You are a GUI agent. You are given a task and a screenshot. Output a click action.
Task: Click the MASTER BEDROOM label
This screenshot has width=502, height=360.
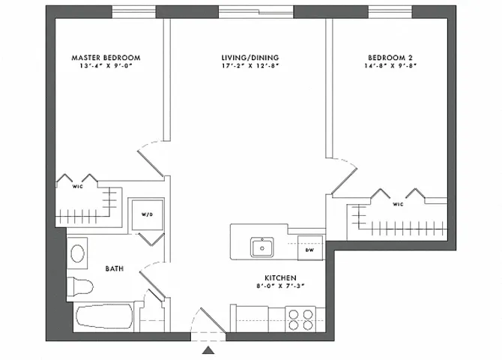point(106,57)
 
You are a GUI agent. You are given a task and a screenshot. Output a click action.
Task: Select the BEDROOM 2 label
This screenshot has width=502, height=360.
point(390,57)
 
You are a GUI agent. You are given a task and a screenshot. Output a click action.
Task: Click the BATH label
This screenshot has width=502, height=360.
point(115,268)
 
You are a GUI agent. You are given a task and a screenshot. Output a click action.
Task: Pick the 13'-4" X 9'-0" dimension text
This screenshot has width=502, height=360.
point(106,66)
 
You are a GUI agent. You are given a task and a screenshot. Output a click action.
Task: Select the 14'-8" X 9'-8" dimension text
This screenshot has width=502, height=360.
point(390,66)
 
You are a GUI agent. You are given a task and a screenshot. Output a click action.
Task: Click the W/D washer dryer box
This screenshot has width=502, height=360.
point(147,215)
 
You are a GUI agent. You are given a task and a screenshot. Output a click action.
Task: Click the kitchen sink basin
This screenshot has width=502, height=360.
point(263,246)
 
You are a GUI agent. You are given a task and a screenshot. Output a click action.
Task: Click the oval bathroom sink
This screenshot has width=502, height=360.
point(77,253)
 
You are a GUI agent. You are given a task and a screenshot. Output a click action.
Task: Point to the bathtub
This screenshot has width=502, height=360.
point(104,318)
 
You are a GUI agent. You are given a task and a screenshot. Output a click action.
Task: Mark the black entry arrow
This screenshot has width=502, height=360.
point(208,349)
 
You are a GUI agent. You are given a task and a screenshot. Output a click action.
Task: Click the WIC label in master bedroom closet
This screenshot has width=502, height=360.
point(77,187)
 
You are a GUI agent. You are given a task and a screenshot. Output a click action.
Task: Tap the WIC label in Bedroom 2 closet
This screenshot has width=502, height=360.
point(398,203)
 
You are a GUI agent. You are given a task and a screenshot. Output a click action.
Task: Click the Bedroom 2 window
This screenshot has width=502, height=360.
point(390,11)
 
